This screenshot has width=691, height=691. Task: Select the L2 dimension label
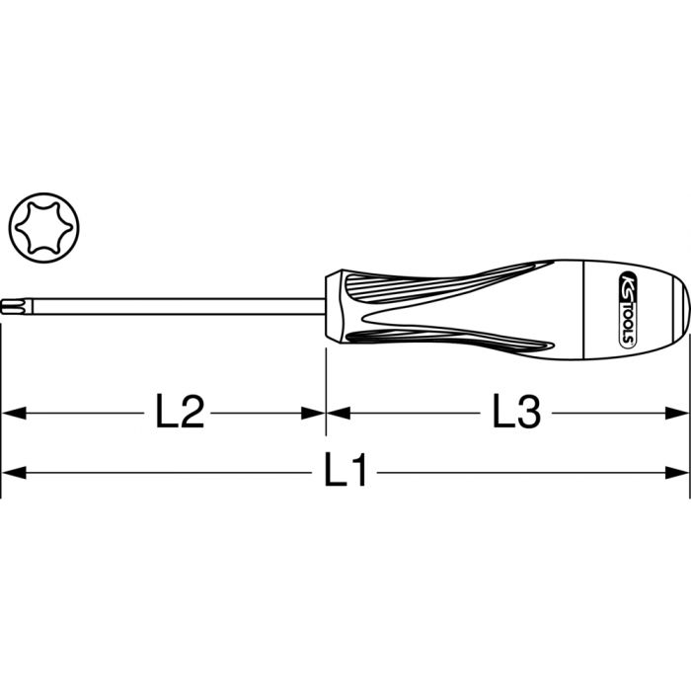click(x=181, y=412)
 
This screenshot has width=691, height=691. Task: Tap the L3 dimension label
click(x=516, y=412)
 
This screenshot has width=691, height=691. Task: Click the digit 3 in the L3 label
click(x=528, y=412)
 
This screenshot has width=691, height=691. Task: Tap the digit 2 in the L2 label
click(x=192, y=412)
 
